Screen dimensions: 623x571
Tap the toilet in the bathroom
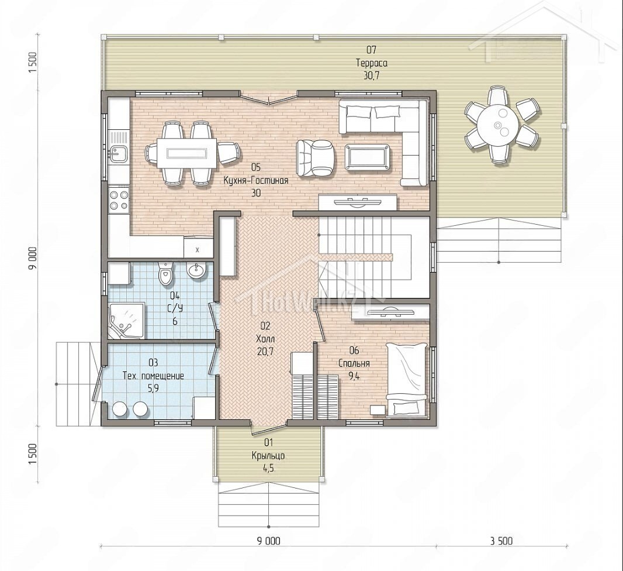tap(165, 273)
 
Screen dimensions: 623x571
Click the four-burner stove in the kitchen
tap(119, 200)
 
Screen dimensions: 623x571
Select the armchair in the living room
tap(316, 157)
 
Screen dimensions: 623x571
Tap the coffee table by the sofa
tap(368, 157)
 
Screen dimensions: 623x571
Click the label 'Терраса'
tap(372, 63)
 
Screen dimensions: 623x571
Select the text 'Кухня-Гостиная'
tap(256, 180)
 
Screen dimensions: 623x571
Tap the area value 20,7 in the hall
tap(265, 352)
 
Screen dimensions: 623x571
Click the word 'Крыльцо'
tap(268, 456)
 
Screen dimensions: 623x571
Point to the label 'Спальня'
tap(354, 363)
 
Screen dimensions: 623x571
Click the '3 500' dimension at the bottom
tap(501, 541)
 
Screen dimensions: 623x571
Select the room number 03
tap(153, 362)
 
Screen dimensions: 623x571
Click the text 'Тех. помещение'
tap(153, 376)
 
